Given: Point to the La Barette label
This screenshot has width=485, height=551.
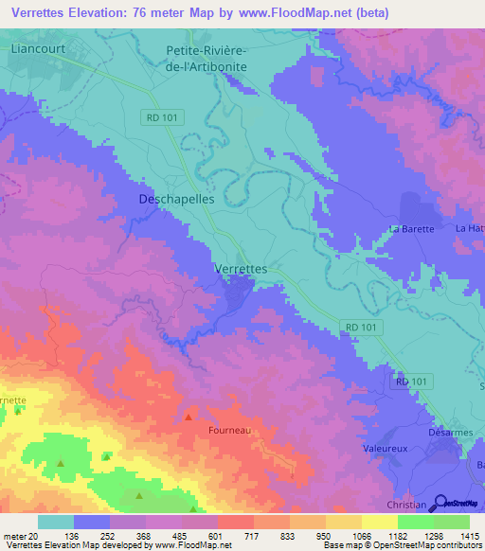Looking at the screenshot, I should pyautogui.click(x=412, y=229).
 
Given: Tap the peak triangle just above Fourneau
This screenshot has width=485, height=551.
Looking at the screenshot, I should pyautogui.click(x=189, y=417).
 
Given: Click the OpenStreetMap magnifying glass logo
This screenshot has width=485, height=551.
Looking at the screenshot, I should pyautogui.click(x=438, y=503).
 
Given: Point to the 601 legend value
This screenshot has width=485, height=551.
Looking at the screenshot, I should pyautogui.click(x=217, y=536).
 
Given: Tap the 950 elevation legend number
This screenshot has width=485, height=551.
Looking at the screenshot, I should pyautogui.click(x=325, y=536).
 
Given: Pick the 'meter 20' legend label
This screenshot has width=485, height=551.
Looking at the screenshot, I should pyautogui.click(x=21, y=536).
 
